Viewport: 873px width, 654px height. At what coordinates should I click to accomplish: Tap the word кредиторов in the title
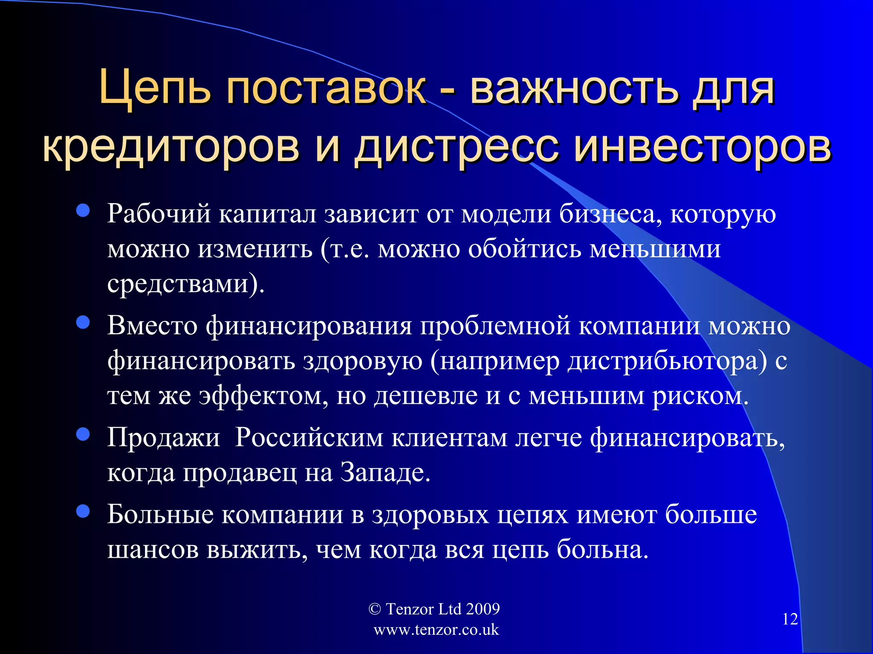171,147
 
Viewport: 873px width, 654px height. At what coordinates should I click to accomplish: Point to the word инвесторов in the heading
702,147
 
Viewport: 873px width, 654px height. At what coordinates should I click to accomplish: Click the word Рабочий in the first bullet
159,213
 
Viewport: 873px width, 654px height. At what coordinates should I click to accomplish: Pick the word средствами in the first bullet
178,284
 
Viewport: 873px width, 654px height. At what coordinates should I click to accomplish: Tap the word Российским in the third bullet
309,438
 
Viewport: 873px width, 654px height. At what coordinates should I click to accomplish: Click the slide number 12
790,619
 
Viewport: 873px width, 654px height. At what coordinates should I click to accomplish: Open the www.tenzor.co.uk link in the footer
436,630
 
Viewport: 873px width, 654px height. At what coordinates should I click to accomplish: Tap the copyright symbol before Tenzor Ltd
374,609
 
